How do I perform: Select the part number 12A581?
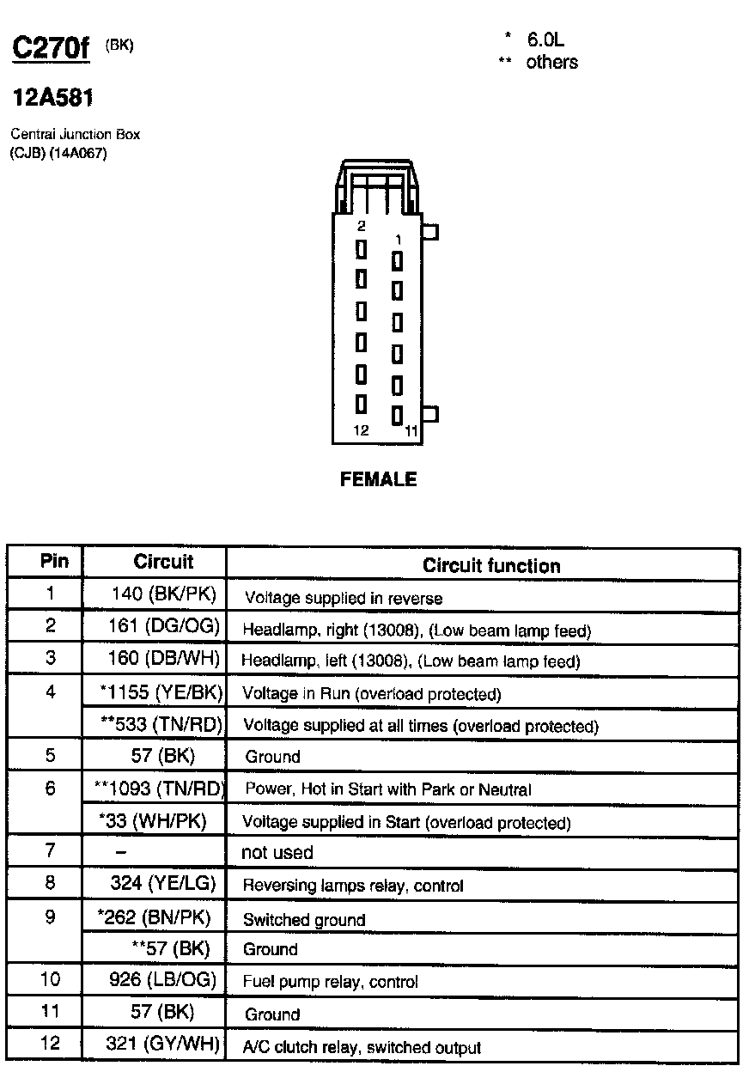click(52, 99)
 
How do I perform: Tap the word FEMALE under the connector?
click(378, 479)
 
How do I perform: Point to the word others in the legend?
click(551, 62)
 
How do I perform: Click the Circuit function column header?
click(490, 565)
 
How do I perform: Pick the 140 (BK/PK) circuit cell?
click(164, 594)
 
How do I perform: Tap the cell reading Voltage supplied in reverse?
click(344, 598)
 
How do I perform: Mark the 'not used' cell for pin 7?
click(277, 853)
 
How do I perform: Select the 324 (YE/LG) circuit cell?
click(163, 883)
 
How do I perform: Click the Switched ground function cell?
click(304, 920)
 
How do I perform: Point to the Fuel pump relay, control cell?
click(330, 982)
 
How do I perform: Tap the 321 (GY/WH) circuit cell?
click(162, 1045)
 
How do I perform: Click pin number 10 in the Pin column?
click(50, 979)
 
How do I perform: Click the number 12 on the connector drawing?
click(361, 430)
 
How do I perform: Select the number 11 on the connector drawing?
click(411, 430)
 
